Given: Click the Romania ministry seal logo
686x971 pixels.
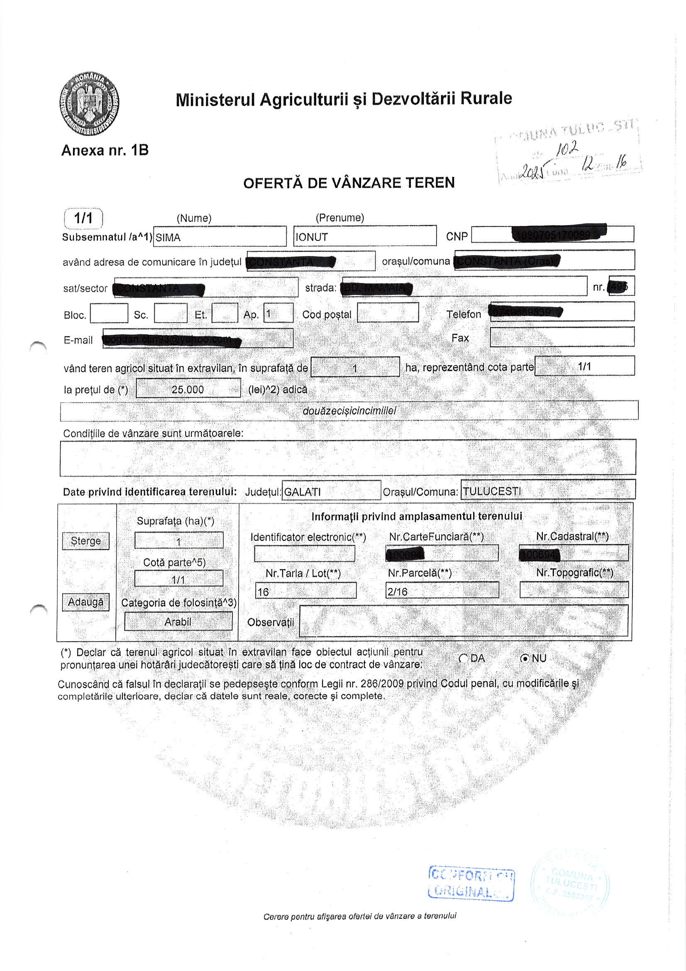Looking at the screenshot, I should tap(89, 103).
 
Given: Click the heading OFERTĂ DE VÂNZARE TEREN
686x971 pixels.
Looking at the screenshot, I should tap(349, 183).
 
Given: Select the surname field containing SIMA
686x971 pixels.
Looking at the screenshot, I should tap(220, 237).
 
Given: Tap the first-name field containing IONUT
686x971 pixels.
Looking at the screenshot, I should tap(365, 236).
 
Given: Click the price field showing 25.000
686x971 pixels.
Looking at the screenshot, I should tap(188, 389).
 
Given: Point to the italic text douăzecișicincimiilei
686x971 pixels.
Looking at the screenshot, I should tap(349, 410).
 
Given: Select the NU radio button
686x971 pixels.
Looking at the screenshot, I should tap(525, 658).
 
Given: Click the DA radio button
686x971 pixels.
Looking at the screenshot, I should tap(464, 658).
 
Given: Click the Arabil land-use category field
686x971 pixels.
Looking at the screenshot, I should tap(178, 622).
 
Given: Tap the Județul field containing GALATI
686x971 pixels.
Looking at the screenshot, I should tap(331, 491).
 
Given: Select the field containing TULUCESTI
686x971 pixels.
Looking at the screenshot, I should tap(548, 490).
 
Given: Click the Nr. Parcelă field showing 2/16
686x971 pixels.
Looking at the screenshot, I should tap(442, 591).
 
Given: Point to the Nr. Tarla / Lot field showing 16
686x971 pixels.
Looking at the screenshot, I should tap(305, 591).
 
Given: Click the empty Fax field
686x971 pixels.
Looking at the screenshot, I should tap(562, 337).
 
